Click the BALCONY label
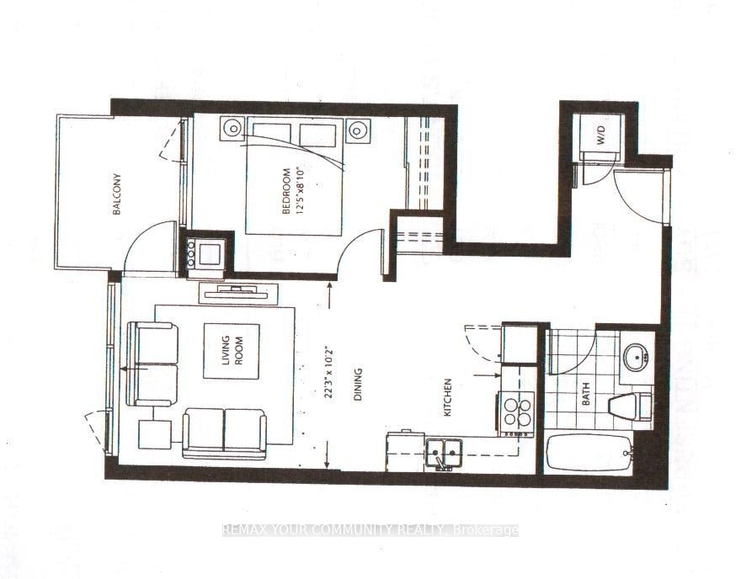coord(117,194)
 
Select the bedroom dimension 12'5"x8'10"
coord(298,190)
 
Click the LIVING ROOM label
coord(232,350)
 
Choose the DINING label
coord(358,385)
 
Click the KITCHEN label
coord(447,397)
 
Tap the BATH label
coord(586,394)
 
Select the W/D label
coord(601,135)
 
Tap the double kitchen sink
coord(443,454)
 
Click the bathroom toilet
coord(630,407)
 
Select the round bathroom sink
coord(636,358)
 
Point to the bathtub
coord(589,453)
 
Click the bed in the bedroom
coord(294,176)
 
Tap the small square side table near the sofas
coord(155,434)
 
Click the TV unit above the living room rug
coord(238,294)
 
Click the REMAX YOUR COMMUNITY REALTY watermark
coord(370,530)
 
